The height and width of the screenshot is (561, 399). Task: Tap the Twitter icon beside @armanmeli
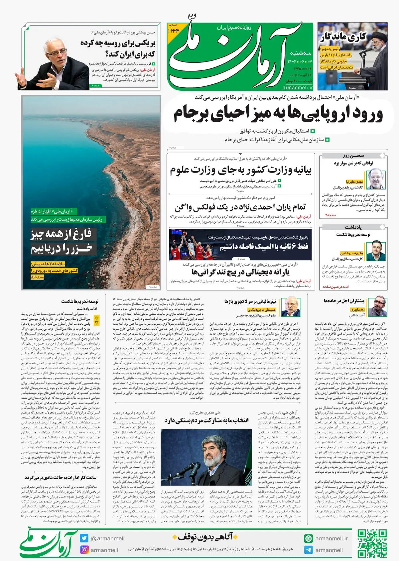click(x=84, y=538)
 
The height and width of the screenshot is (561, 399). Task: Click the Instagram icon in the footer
click(x=84, y=550)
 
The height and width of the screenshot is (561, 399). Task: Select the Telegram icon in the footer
click(x=308, y=550)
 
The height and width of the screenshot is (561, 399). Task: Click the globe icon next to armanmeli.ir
click(x=308, y=538)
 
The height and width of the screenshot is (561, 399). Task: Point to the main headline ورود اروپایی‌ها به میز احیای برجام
click(x=278, y=114)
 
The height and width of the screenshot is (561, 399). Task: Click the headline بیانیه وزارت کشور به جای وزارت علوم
click(x=241, y=170)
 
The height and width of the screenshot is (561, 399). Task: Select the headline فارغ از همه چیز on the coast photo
click(x=61, y=234)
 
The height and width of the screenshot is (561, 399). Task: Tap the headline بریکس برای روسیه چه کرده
click(x=118, y=48)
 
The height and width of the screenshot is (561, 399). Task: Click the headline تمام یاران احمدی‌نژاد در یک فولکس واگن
click(x=240, y=207)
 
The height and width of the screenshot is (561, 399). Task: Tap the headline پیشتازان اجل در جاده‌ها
click(x=344, y=301)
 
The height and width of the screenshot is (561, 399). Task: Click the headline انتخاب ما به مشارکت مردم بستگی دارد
click(x=206, y=420)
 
